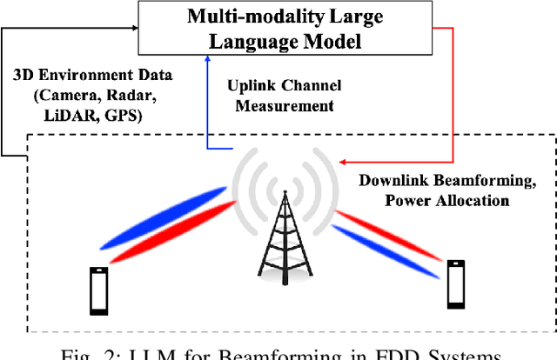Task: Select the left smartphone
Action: point(98,290)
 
